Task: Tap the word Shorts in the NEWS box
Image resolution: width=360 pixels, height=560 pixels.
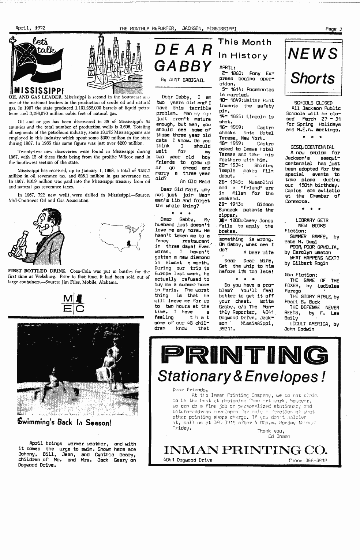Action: pos(313,78)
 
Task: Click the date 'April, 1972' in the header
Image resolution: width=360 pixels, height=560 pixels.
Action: pos(30,28)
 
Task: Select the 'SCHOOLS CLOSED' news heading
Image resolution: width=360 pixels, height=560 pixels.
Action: pos(313,103)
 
